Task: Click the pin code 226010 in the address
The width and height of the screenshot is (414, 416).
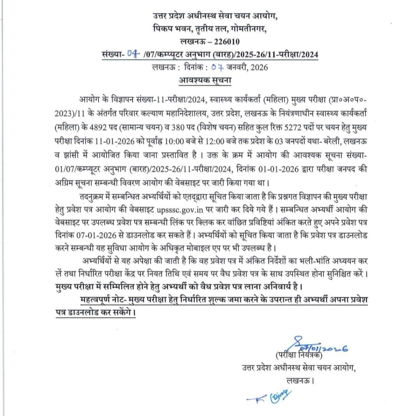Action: click(x=224, y=41)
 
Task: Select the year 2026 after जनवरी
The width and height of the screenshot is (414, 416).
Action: click(x=259, y=67)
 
